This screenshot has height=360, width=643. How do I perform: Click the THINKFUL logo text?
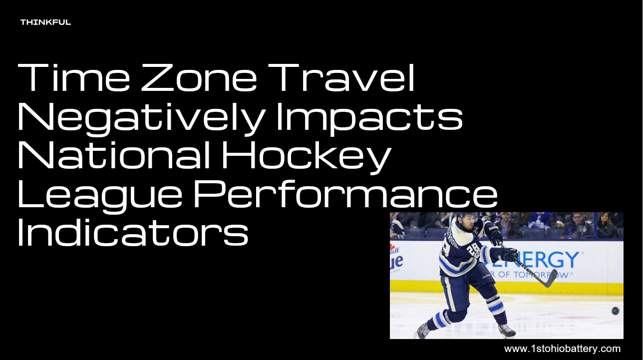click(45, 22)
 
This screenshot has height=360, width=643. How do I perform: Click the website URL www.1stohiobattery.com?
click(562, 349)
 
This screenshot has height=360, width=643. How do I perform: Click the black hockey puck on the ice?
click(616, 311)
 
